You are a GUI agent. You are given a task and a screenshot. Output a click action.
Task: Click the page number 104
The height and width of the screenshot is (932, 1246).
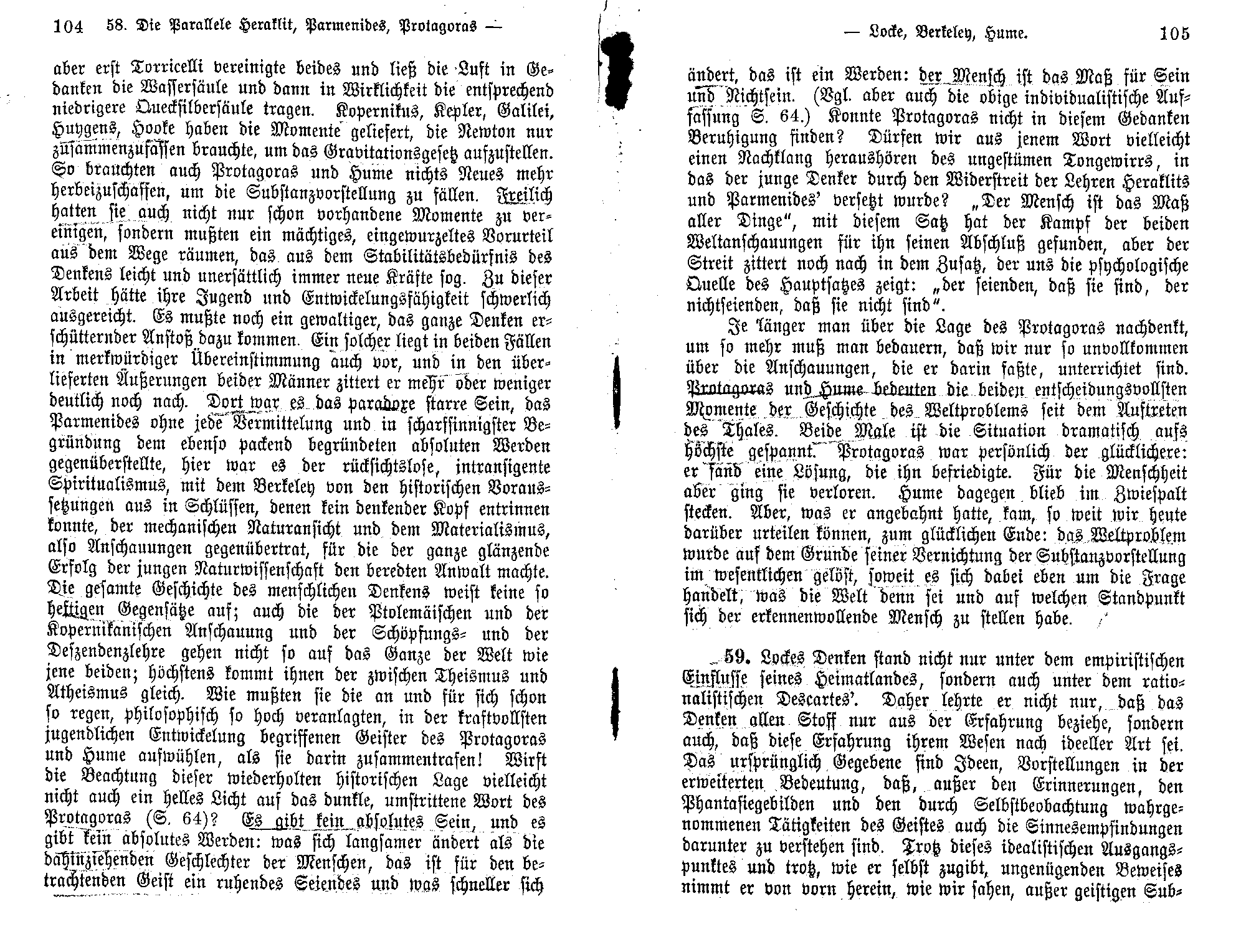pyautogui.click(x=69, y=27)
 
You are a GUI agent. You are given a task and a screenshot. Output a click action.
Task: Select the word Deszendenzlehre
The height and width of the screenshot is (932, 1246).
pyautogui.click(x=107, y=655)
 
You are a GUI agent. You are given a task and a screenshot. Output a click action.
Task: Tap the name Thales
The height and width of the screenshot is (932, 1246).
pyautogui.click(x=741, y=431)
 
